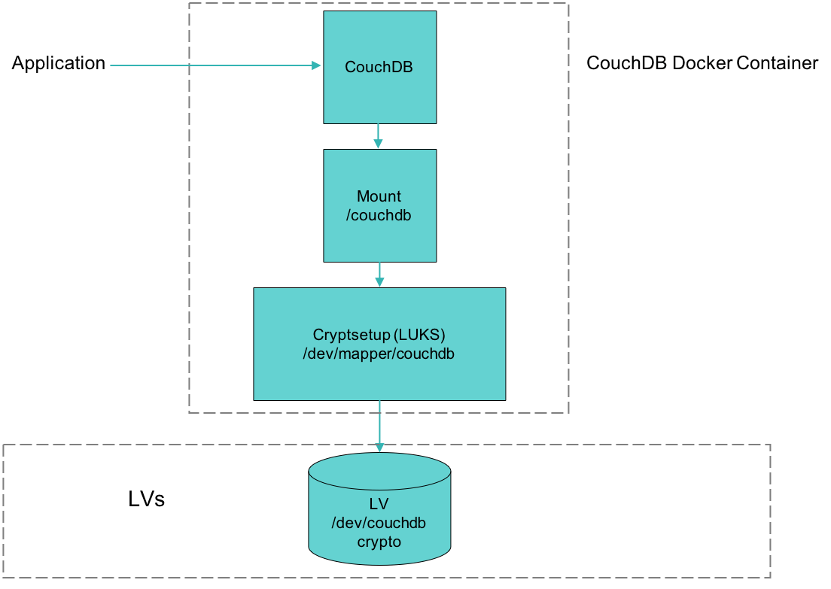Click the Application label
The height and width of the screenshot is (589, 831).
coord(59,64)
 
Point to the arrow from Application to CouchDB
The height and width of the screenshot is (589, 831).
coord(211,65)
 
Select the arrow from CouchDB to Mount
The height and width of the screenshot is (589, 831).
coord(379,136)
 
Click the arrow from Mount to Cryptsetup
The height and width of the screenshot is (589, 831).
coord(379,275)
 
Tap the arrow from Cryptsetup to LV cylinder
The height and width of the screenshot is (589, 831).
coord(379,425)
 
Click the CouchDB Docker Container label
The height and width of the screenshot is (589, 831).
coord(702,63)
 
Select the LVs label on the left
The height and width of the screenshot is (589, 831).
coord(147,499)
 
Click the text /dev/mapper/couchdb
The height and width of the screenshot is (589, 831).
coord(378,353)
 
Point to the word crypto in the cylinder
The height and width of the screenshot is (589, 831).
coord(379,541)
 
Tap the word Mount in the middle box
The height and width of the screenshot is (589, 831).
coord(379,196)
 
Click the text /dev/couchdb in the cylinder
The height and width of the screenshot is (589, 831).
coord(379,523)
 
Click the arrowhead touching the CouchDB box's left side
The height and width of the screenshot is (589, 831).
coord(318,65)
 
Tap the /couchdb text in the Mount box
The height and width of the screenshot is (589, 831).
coord(379,215)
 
